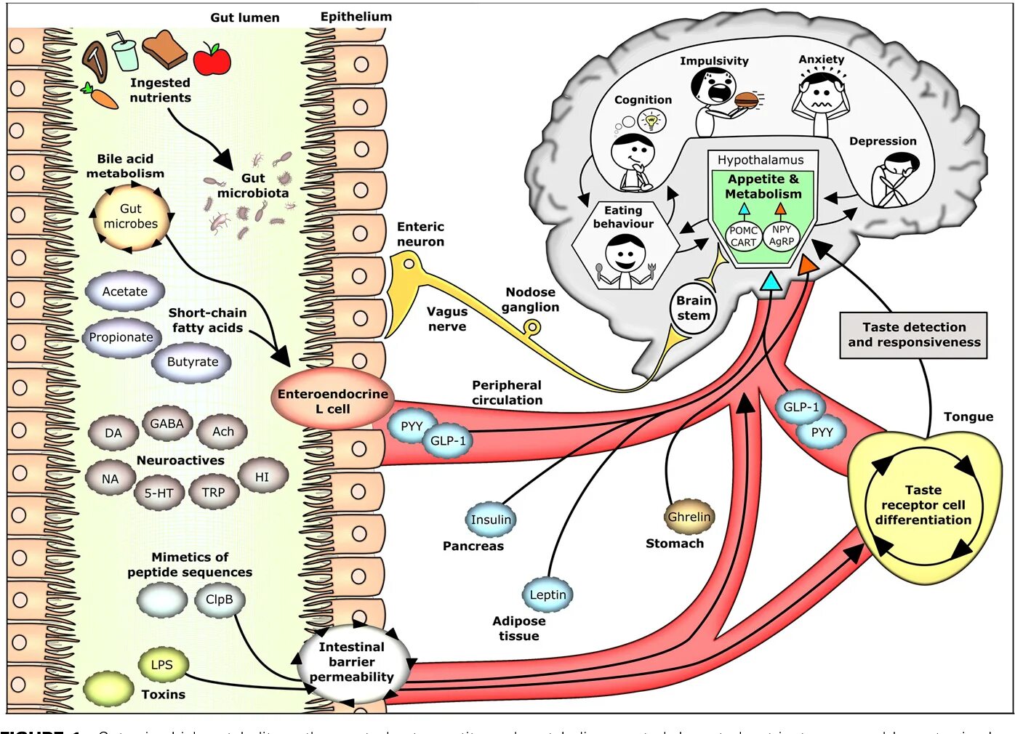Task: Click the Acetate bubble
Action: (124, 291)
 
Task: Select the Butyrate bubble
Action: (192, 362)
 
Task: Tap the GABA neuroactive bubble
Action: (167, 424)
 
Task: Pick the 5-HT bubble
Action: (159, 493)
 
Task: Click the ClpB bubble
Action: (219, 600)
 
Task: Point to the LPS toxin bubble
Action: (161, 664)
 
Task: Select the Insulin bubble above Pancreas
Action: (491, 520)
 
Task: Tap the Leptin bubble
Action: (547, 594)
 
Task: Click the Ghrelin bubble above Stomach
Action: (689, 517)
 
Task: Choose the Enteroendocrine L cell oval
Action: (333, 401)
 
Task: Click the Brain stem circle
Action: (693, 308)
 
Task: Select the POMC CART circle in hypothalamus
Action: (743, 236)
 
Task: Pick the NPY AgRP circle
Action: (782, 235)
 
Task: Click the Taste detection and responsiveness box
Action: (913, 335)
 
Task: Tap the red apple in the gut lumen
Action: (212, 60)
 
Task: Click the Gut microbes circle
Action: (131, 217)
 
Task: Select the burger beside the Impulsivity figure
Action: (747, 100)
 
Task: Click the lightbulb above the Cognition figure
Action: (651, 121)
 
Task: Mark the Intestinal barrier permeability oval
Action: (352, 662)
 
